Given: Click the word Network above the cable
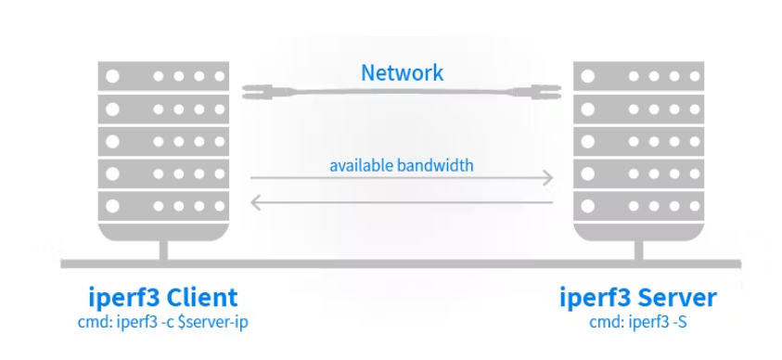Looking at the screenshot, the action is tap(402, 72).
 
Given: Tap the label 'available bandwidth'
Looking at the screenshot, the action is tap(402, 165).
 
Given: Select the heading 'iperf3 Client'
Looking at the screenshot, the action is tap(163, 298).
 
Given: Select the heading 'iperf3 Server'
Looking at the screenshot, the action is tap(638, 298).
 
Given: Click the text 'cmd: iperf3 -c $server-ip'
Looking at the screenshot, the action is tap(163, 323).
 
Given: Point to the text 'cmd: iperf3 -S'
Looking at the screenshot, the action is tap(638, 323).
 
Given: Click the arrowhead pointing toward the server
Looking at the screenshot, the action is tap(547, 177).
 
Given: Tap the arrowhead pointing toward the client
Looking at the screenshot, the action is tap(256, 202).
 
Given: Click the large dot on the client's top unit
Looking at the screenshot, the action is tap(113, 76).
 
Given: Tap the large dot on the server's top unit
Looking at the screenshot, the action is tap(588, 76).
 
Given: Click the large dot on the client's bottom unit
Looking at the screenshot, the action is tap(113, 206).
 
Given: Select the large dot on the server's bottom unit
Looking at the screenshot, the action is tap(588, 206).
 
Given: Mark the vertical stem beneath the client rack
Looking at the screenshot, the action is tap(163, 251).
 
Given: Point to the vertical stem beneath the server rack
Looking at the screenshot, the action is tap(638, 251).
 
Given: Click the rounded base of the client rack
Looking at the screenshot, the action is tap(163, 232).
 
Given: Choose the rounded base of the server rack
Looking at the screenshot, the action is tap(638, 232).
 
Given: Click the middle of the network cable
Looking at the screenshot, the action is tap(402, 91).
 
